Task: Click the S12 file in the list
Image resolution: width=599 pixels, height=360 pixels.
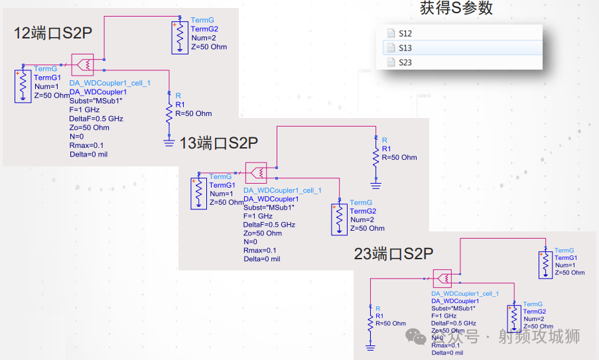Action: pos(405,33)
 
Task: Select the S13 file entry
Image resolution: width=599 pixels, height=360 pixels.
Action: pos(405,48)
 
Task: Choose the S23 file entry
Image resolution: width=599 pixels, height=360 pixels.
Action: pos(405,62)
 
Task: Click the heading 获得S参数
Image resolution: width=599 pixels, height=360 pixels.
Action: pos(456,9)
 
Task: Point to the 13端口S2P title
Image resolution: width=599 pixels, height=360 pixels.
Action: pos(218,143)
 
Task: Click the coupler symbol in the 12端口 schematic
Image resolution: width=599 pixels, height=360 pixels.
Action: pos(83,65)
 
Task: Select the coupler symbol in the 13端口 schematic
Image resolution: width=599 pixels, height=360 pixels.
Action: pos(255,173)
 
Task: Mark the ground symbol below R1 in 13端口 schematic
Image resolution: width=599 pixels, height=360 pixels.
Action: pos(376,186)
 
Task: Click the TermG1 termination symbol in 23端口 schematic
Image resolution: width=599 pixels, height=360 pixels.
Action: pos(545,264)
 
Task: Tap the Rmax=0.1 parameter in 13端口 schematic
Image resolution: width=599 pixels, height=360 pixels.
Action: pos(261,251)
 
